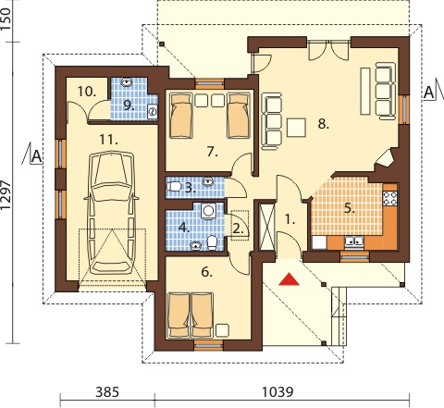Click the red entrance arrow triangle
[289, 279]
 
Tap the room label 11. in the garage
[108, 141]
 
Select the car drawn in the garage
[111, 213]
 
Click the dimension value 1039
[277, 392]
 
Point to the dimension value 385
[107, 392]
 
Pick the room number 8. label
[324, 124]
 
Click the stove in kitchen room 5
[389, 199]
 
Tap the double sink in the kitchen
[354, 241]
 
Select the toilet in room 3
[174, 186]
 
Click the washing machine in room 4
[208, 211]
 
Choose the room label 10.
[87, 92]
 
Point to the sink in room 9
[127, 82]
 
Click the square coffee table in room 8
[296, 128]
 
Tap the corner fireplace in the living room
[386, 158]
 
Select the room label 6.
[206, 272]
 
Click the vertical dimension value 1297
[6, 195]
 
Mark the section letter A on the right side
[428, 93]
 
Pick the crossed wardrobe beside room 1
[267, 226]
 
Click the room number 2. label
[238, 229]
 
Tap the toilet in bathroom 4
[212, 242]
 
